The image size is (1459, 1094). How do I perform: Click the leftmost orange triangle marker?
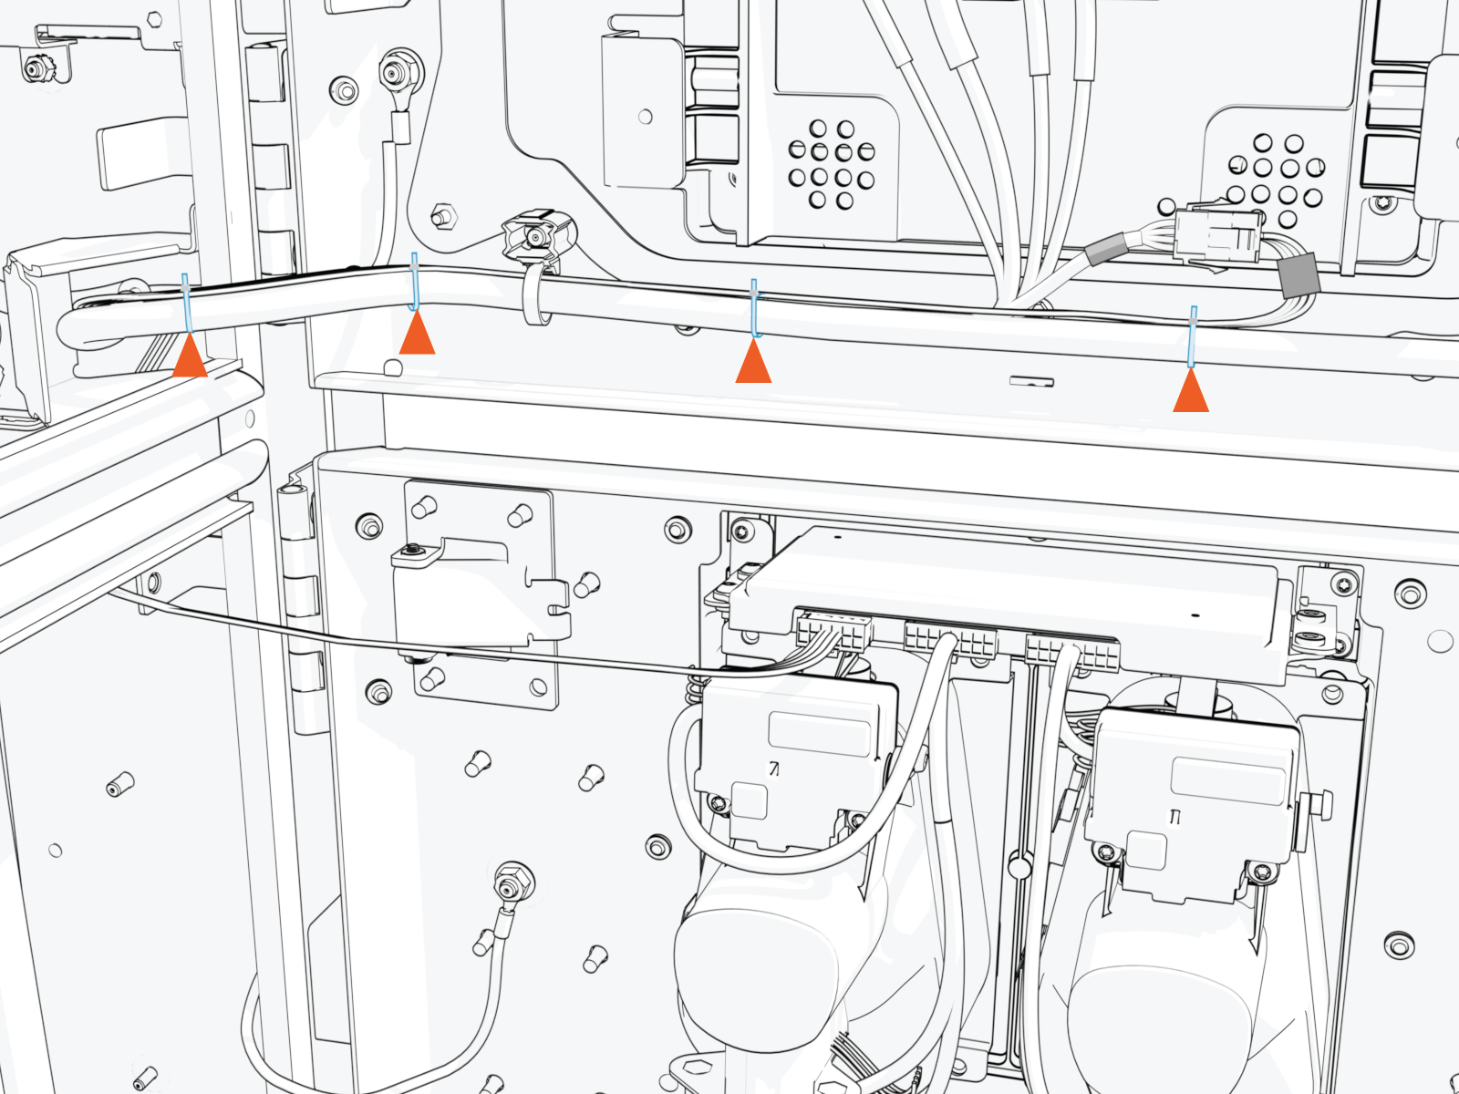(190, 356)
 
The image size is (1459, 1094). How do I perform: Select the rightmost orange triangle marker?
(1191, 393)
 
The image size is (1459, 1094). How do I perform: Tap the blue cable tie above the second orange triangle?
(415, 282)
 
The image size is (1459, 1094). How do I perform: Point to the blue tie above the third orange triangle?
(754, 307)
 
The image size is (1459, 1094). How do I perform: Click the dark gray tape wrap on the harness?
(1299, 275)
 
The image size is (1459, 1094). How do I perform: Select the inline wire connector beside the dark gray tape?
(1216, 235)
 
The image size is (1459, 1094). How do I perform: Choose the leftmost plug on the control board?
(833, 631)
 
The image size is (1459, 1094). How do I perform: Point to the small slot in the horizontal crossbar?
(1031, 381)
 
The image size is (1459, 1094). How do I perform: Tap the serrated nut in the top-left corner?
(36, 68)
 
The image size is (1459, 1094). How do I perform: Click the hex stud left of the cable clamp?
(442, 218)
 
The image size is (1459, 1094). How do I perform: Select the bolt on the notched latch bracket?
(414, 551)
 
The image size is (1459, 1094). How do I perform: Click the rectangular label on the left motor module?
(820, 732)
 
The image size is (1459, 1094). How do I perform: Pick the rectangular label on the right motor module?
(1226, 779)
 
